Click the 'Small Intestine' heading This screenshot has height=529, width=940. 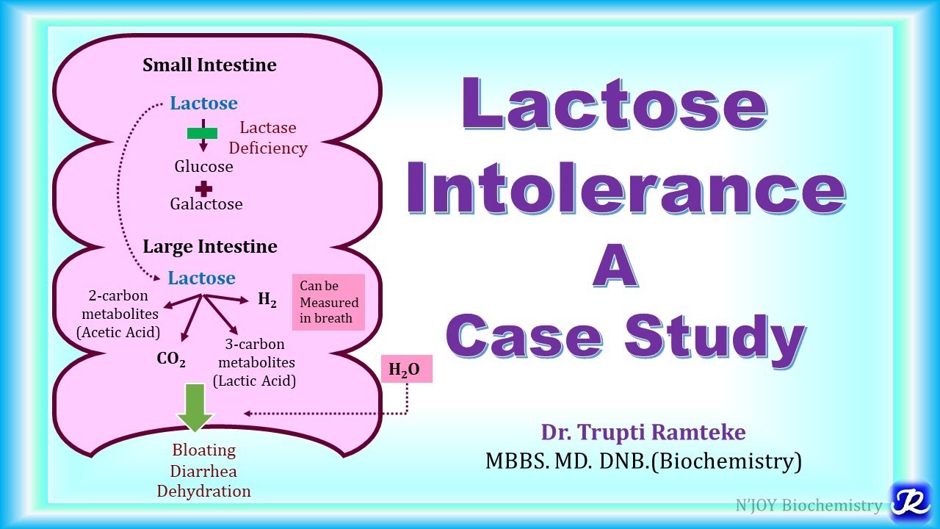(209, 65)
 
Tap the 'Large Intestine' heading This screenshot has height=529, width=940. (209, 247)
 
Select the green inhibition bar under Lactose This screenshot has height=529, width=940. (202, 133)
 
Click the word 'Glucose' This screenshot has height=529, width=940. (203, 167)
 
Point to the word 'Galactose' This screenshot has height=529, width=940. (206, 204)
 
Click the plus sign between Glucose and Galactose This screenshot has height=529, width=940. (203, 188)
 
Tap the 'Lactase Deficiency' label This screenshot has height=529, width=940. (268, 137)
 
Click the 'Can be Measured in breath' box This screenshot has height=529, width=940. (329, 302)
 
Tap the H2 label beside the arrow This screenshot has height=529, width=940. (267, 299)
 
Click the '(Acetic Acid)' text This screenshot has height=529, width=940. (118, 332)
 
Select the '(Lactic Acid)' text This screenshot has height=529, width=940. (255, 381)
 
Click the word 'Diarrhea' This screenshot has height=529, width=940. (204, 470)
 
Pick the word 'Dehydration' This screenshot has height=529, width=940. (204, 491)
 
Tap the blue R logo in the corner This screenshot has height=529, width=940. (911, 502)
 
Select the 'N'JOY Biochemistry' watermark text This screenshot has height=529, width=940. (809, 505)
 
